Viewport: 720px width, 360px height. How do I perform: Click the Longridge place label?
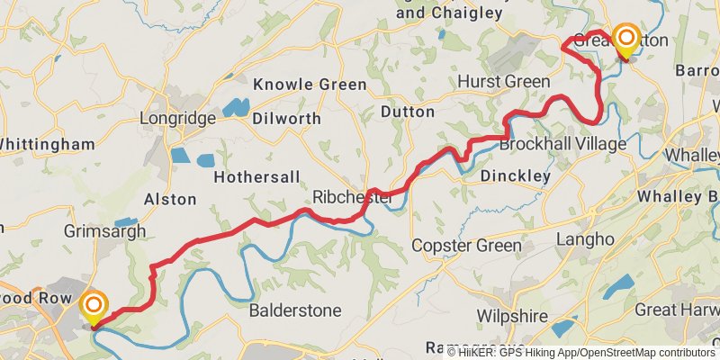[x=178, y=118]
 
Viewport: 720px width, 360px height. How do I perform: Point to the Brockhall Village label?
[x=562, y=144]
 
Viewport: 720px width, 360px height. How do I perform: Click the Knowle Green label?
[x=310, y=85]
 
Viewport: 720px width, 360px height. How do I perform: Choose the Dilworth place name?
[x=286, y=118]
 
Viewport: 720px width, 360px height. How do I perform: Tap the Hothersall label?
[x=256, y=177]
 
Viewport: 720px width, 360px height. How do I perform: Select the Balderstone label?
[x=295, y=310]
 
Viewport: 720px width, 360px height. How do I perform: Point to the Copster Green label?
[x=466, y=246]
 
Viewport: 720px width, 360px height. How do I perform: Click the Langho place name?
[x=585, y=239]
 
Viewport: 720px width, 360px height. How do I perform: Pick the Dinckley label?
[x=515, y=176]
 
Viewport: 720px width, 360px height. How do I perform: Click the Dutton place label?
[x=408, y=112]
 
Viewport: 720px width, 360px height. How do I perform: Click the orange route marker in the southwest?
[x=93, y=306]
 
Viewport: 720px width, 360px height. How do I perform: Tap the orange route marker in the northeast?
[x=625, y=39]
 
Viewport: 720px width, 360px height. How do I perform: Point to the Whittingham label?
[x=47, y=144]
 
